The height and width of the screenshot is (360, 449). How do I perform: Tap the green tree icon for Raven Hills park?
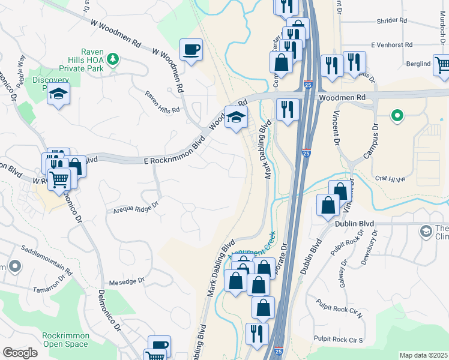click(112, 59)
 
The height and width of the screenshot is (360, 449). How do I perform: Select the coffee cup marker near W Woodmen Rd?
click(191, 50)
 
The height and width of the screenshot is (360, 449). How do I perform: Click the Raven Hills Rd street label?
click(163, 102)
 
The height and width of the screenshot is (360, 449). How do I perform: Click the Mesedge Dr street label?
click(127, 280)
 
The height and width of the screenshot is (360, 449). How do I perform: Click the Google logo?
click(20, 353)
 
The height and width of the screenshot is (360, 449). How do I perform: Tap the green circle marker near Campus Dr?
click(396, 116)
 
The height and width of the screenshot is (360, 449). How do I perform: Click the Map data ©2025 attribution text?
click(423, 355)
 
